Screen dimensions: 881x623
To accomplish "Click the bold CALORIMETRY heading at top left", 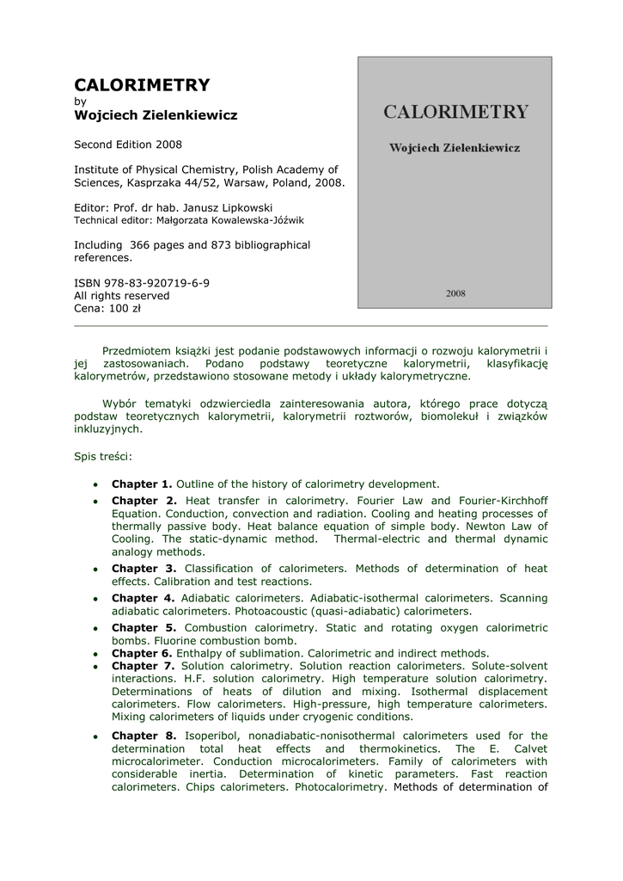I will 142,84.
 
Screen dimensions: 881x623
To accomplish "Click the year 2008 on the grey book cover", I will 455,293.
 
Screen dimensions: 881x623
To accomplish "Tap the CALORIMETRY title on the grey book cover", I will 455,112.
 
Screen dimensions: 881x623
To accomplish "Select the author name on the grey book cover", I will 455,148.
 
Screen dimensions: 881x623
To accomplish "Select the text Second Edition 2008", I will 128,144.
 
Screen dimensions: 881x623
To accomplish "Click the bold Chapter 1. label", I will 142,484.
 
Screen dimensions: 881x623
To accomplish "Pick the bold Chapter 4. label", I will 144,598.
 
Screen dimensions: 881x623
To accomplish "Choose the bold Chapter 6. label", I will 142,653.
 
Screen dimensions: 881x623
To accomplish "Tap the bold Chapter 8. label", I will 144,736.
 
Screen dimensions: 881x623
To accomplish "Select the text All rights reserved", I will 122,295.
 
